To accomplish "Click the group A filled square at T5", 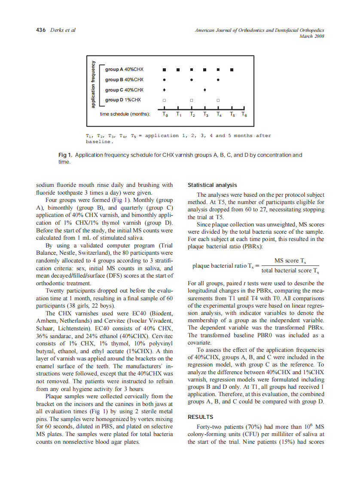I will click(232, 69).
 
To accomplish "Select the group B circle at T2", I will click(192, 79).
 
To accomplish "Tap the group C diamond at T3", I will click(205, 90).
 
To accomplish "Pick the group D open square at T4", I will click(218, 100).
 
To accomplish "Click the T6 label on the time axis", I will click(244, 115).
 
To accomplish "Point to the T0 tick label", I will click(165, 115).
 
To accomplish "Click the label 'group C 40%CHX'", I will click(124, 90).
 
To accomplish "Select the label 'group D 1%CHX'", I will click(122, 100).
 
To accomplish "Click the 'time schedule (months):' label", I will click(125, 114).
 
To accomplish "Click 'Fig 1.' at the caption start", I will click(65, 155).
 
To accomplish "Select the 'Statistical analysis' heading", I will click(212, 185).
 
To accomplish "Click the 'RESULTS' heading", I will click(201, 417).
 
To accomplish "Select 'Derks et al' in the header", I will click(63, 30).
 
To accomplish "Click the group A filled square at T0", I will click(165, 69).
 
